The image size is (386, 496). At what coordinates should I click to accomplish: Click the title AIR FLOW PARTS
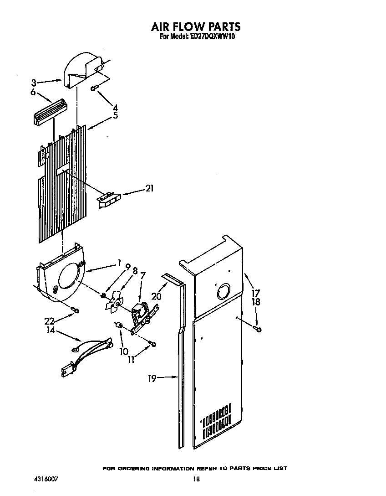(196, 27)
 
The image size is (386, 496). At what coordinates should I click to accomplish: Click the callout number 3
(34, 83)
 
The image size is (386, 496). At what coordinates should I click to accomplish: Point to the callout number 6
(33, 92)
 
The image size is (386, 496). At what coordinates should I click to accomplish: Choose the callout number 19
(152, 378)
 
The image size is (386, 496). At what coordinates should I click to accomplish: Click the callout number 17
(255, 293)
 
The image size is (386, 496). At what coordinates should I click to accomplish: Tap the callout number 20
(156, 296)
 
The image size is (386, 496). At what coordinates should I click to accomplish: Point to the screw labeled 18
(259, 328)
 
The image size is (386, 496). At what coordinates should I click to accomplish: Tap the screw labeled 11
(153, 343)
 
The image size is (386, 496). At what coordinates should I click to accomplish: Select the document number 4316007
(46, 479)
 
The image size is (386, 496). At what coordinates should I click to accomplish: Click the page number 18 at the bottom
(196, 479)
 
